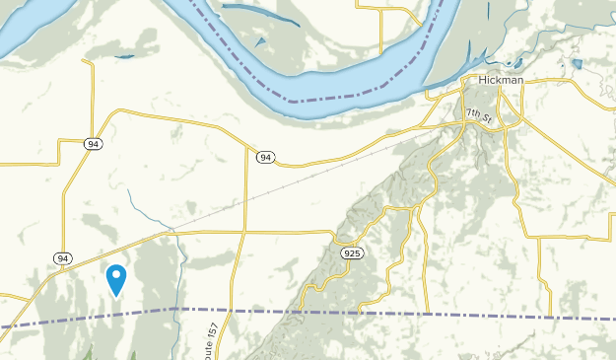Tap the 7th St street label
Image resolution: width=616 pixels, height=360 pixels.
(479, 114)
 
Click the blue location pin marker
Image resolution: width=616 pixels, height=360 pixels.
(117, 280)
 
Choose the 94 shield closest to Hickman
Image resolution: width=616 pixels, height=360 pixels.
(265, 157)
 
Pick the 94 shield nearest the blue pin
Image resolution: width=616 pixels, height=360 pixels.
(63, 258)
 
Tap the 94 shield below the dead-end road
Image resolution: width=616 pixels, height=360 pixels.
(93, 144)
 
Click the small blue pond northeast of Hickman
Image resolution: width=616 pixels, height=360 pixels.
(578, 65)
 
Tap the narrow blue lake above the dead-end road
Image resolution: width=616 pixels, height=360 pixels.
(124, 56)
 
